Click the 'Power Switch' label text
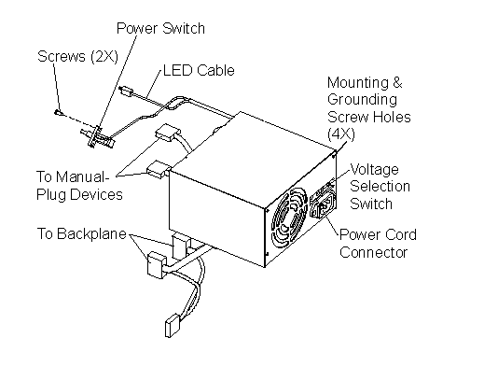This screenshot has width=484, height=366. coord(160,28)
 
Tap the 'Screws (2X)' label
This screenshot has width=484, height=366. coord(77,56)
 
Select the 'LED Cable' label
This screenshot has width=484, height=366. coord(199,70)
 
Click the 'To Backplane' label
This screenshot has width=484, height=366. coord(82,233)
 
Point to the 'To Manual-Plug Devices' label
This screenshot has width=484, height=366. coord(79,186)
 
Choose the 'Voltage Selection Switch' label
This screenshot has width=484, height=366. coord(380,187)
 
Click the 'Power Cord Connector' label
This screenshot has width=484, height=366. coord(378,244)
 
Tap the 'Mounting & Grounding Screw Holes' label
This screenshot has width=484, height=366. coord(369,108)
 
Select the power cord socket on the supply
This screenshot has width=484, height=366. coord(324,205)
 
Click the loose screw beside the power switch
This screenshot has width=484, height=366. coord(58,113)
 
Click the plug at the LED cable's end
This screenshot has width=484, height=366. coord(126,91)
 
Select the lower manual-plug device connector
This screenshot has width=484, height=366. coord(158,170)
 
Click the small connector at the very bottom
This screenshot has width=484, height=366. coord(172,326)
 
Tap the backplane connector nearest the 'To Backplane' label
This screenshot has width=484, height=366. coord(155,265)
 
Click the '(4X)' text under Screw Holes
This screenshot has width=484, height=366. coord(341,134)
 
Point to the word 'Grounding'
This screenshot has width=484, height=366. coord(362,100)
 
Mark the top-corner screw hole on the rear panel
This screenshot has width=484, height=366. coord(334,153)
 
